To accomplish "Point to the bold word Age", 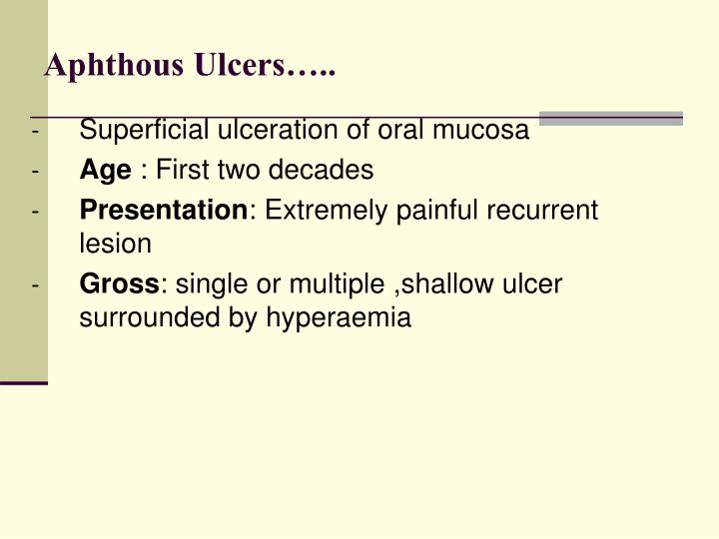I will (x=105, y=171).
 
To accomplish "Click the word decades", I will (x=332, y=171).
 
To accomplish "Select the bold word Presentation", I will (x=163, y=211).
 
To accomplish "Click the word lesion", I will (x=115, y=243).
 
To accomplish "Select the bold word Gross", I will (x=119, y=284).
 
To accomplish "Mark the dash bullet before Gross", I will (x=35, y=285).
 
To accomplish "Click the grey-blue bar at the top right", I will (x=611, y=119).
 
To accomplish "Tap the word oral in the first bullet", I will (x=399, y=131).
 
